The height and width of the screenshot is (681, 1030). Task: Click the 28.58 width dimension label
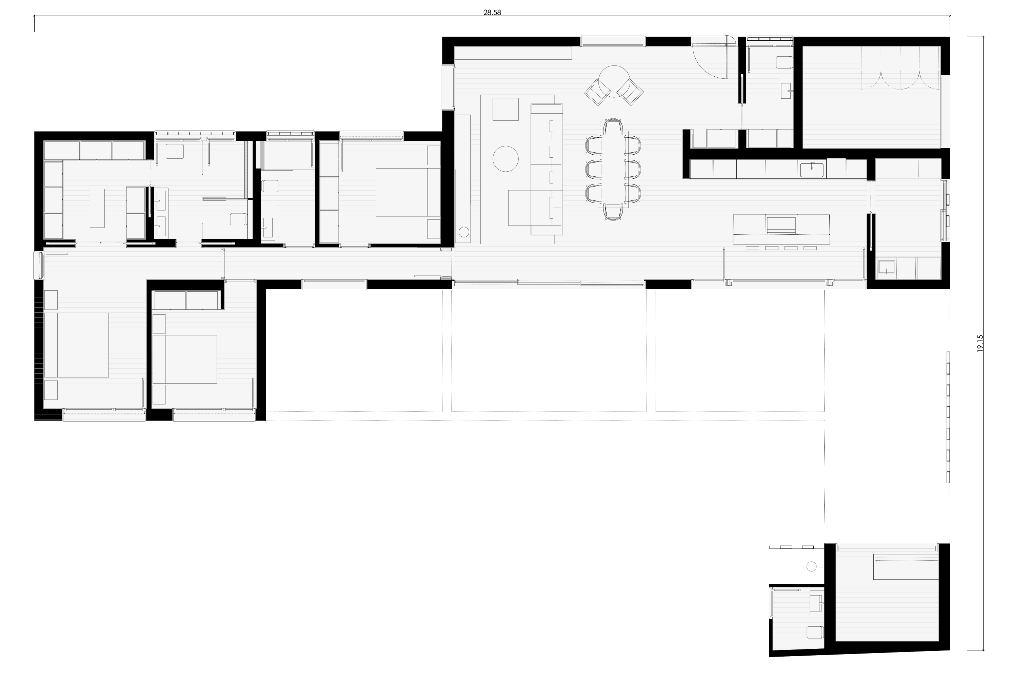point(492,13)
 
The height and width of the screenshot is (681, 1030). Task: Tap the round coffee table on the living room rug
point(506,159)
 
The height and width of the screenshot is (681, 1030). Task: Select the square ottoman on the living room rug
point(505,109)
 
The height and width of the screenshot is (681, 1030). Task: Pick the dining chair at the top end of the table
point(613,126)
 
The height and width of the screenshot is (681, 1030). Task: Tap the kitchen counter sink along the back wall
point(812,169)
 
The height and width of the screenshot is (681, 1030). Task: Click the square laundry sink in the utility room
point(886,268)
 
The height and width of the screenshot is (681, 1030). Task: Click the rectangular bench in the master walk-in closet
point(97,208)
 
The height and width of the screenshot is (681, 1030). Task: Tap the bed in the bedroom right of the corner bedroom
point(184,359)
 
